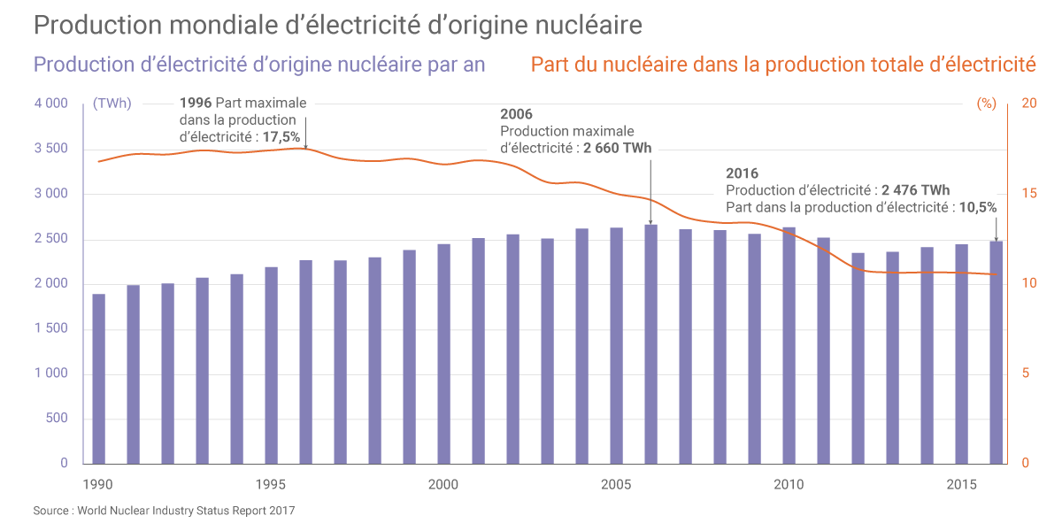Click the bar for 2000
[443, 354]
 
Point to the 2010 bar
[789, 345]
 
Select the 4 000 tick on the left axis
[51, 104]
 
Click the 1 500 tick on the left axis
[51, 329]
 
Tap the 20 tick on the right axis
[1028, 104]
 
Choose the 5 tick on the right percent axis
[1025, 373]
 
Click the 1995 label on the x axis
[270, 484]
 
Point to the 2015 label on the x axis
[961, 484]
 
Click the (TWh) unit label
[112, 104]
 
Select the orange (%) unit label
[987, 104]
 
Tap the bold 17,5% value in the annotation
[281, 136]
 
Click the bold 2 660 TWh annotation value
[617, 148]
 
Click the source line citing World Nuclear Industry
[164, 511]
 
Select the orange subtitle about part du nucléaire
[782, 65]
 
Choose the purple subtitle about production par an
[258, 65]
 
